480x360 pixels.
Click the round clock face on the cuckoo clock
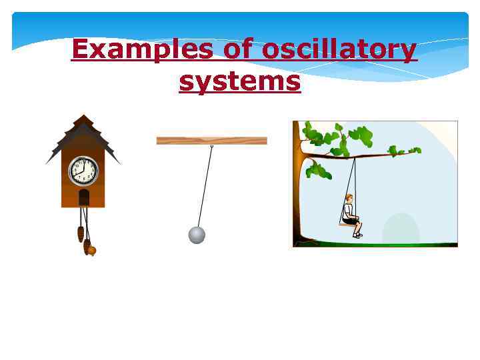(x=83, y=171)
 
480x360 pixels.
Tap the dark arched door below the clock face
(x=84, y=197)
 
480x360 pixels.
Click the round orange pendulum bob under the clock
(x=91, y=251)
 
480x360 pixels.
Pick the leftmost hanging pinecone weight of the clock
(x=81, y=234)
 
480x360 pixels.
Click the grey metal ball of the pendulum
(x=197, y=235)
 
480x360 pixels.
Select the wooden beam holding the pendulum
(x=211, y=141)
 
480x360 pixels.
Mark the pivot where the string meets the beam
(x=212, y=145)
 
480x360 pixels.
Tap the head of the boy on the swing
(x=349, y=198)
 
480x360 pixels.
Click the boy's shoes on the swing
(x=358, y=235)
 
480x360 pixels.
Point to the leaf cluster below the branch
(x=318, y=170)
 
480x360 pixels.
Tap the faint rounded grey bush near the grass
(x=401, y=229)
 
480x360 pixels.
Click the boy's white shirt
(x=348, y=210)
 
